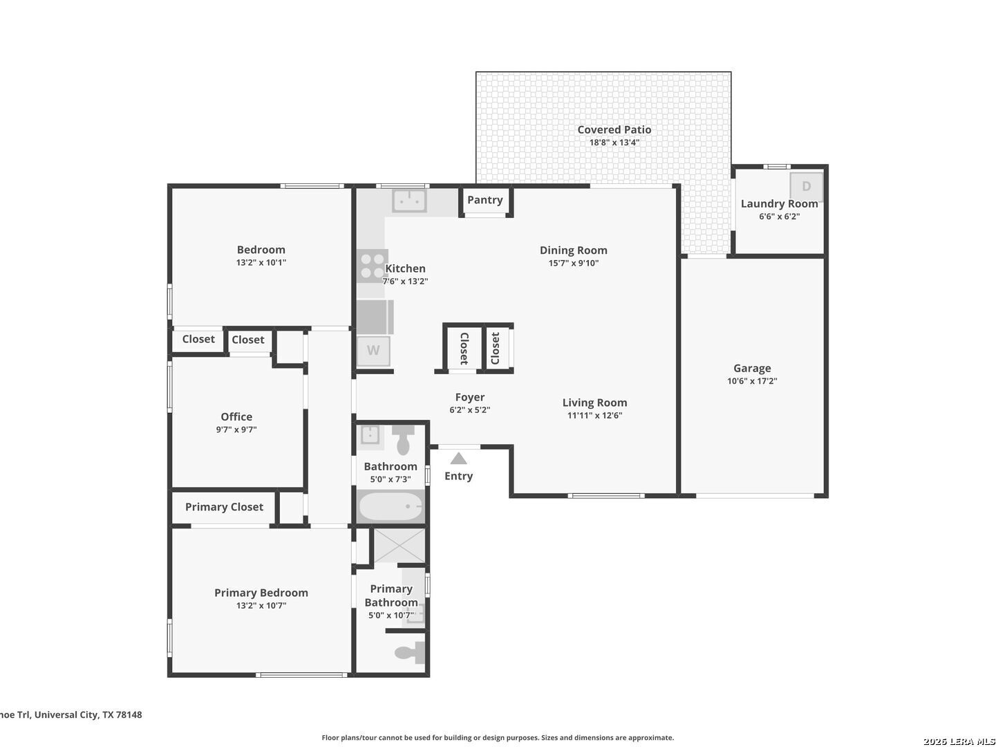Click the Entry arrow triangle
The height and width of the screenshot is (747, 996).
click(x=458, y=458)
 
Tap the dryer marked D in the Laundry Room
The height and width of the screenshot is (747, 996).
click(x=806, y=186)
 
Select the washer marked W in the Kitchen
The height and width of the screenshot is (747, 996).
click(x=373, y=351)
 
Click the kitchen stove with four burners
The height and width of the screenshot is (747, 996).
click(x=373, y=266)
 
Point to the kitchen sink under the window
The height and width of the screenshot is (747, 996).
click(x=409, y=201)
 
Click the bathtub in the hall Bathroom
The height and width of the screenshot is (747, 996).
click(x=391, y=506)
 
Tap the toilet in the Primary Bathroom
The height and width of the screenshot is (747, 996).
click(x=410, y=653)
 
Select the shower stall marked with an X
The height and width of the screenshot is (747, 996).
click(x=400, y=545)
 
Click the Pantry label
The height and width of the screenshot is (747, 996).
click(x=485, y=201)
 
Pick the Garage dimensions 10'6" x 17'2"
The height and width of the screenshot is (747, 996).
click(x=752, y=381)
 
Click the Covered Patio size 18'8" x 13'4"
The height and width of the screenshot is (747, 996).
click(x=614, y=142)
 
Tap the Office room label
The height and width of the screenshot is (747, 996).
click(x=236, y=416)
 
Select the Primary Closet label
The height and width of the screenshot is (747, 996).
click(x=224, y=507)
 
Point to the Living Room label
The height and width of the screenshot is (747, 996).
click(x=595, y=403)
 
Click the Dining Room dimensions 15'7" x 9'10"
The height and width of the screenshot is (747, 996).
click(x=574, y=263)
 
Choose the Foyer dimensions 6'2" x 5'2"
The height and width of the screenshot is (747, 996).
click(x=469, y=410)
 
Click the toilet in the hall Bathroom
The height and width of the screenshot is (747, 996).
click(x=403, y=440)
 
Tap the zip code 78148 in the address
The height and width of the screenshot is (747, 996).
click(x=129, y=714)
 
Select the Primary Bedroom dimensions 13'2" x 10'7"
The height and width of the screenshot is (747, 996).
click(x=261, y=605)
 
